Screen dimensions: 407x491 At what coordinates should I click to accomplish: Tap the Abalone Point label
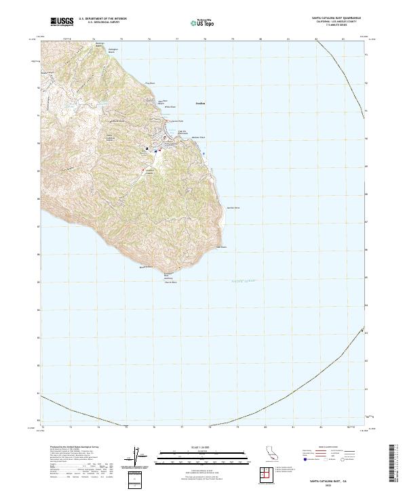pyautogui.click(x=199, y=137)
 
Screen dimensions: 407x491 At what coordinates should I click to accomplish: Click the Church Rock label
pyautogui.click(x=167, y=281)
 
